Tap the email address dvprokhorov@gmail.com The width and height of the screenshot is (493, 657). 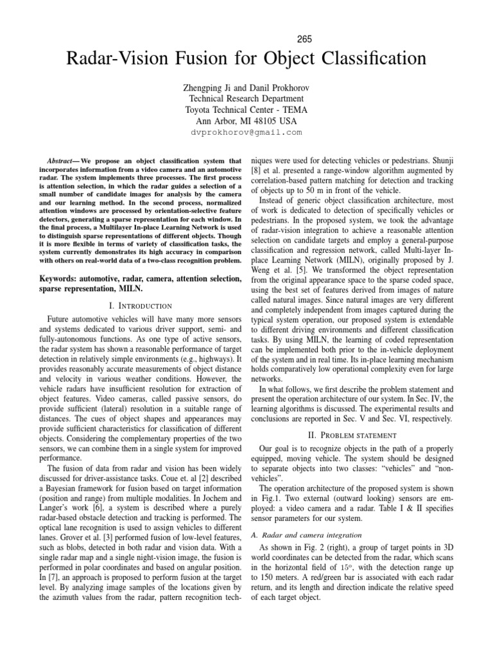pos(246,132)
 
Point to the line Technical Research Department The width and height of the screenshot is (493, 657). pos(246,98)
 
